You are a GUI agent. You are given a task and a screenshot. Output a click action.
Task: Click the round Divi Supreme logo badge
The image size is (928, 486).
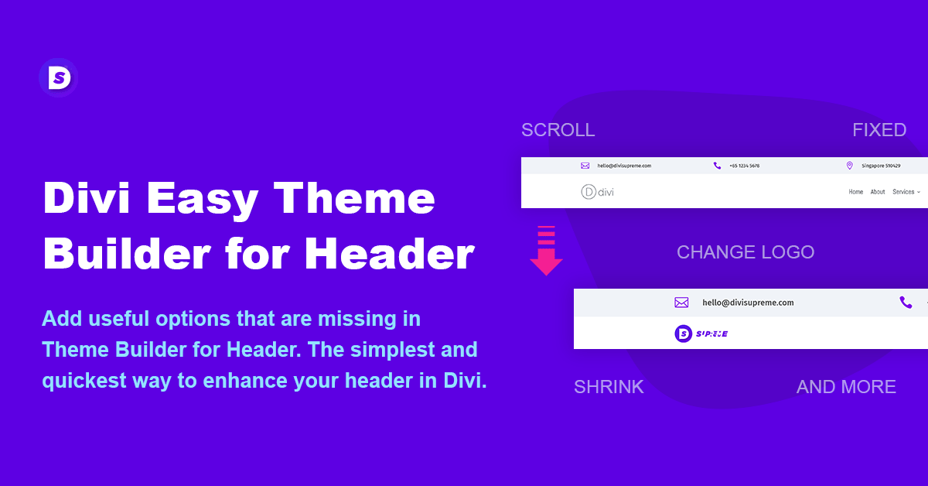pyautogui.click(x=58, y=77)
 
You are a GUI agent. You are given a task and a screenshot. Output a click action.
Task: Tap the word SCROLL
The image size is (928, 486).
pyautogui.click(x=558, y=130)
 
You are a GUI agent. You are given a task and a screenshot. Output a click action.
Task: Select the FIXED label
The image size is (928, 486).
pyautogui.click(x=879, y=130)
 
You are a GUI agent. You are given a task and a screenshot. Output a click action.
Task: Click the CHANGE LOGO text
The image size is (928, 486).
pyautogui.click(x=745, y=252)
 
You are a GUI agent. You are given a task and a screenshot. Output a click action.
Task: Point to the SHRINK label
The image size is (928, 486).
pyautogui.click(x=609, y=387)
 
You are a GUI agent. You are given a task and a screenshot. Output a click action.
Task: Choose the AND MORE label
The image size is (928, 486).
pyautogui.click(x=846, y=387)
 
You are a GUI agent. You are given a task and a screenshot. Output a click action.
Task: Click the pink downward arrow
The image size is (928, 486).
pyautogui.click(x=546, y=250)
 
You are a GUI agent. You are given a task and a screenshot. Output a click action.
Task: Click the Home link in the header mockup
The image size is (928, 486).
pyautogui.click(x=855, y=192)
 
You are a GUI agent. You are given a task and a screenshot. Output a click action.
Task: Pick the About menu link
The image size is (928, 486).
pyautogui.click(x=878, y=192)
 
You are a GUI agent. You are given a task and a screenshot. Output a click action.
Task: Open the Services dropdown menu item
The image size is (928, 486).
pyautogui.click(x=906, y=192)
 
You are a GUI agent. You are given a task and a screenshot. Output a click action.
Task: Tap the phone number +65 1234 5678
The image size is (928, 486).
pyautogui.click(x=744, y=166)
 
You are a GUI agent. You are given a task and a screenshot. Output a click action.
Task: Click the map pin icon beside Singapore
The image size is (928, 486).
pyautogui.click(x=849, y=166)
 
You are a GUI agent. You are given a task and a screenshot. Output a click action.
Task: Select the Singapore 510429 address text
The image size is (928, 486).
pyautogui.click(x=881, y=166)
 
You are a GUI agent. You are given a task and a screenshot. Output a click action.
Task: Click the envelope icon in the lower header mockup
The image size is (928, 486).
pyautogui.click(x=681, y=303)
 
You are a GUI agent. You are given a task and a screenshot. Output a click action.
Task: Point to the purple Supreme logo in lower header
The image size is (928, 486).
pyautogui.click(x=701, y=334)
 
